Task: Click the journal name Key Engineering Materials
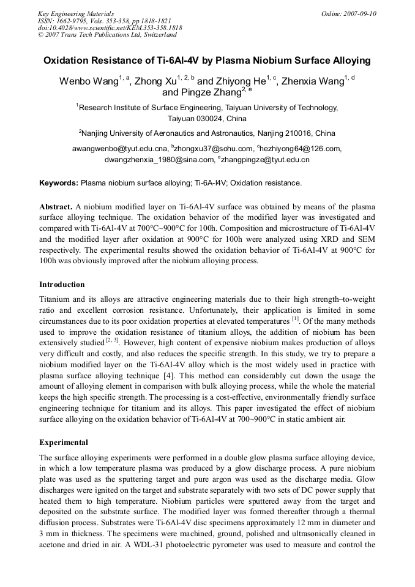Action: (x=75, y=13)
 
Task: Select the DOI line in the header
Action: (x=110, y=28)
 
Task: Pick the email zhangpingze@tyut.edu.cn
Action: (x=265, y=160)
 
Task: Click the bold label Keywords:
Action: (x=59, y=183)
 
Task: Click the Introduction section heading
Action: (x=62, y=285)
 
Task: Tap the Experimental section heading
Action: (x=64, y=443)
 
